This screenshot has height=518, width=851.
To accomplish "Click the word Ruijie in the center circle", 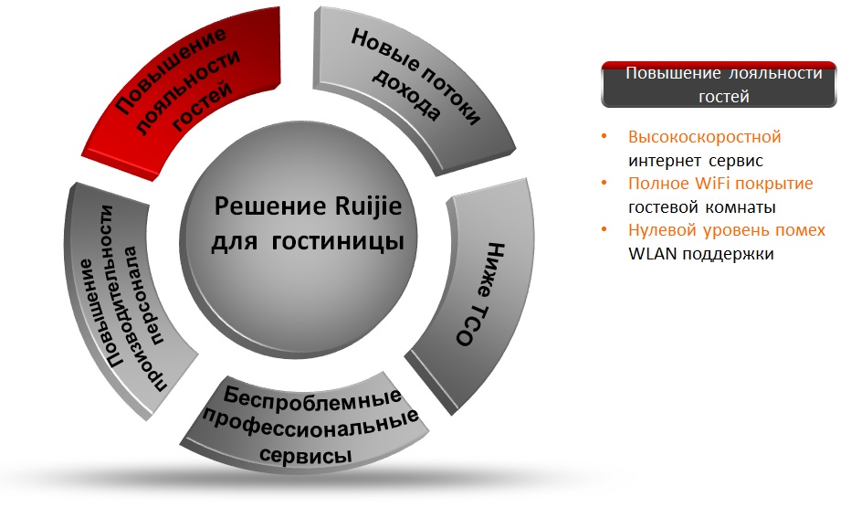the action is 369,206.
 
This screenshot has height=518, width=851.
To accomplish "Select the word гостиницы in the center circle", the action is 338,241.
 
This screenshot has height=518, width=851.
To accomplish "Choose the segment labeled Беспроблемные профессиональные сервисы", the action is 305,427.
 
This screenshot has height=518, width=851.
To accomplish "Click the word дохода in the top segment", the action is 406,95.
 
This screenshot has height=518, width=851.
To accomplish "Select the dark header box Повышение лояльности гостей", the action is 720,84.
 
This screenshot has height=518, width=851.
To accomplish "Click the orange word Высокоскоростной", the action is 705,137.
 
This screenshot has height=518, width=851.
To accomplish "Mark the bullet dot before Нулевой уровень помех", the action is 604,229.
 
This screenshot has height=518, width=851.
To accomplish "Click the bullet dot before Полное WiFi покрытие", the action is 604,183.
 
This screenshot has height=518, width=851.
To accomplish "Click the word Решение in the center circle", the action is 270,206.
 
